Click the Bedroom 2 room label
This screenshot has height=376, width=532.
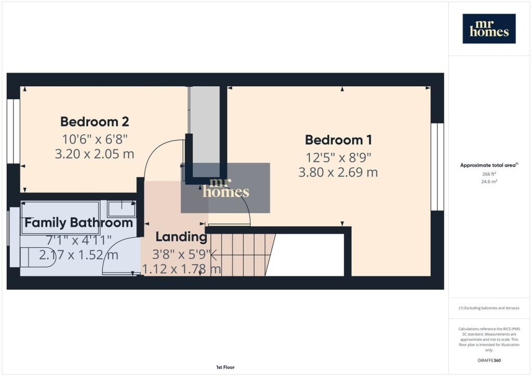coord(95,122)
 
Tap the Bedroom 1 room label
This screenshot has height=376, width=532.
coord(338,140)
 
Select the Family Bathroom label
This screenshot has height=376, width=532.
coord(79,223)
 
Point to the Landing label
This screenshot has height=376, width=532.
coord(181,237)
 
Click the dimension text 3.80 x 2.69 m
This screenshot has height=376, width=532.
coord(338,172)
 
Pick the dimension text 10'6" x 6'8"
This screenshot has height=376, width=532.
coord(95,139)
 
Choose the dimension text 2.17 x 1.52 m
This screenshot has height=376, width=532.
coord(79,255)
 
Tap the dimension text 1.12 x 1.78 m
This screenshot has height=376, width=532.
coord(181,269)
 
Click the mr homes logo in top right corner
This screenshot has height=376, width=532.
coord(489,29)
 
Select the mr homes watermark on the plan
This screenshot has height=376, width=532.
coord(225,188)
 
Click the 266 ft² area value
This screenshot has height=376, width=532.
coord(489,174)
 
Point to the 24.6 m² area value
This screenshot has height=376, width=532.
coord(489,182)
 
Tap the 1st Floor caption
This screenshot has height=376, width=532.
coord(225,367)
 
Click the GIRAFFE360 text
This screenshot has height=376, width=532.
coord(489,360)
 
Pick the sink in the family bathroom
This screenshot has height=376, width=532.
coord(122,209)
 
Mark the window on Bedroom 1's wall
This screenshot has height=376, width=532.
coord(437,167)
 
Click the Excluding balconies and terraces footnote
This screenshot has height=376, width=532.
coord(489,308)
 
